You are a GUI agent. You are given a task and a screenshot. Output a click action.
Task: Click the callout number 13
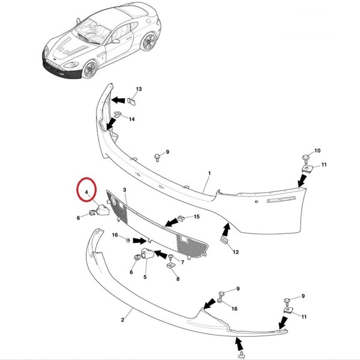point(139,89)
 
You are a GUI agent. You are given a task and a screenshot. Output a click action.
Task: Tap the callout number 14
point(131,119)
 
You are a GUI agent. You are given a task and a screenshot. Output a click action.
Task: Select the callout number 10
point(317,151)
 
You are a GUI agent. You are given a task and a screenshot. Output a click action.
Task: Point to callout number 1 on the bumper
point(209,173)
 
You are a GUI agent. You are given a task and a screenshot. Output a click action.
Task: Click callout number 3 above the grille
point(124,190)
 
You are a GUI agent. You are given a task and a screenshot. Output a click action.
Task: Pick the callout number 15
point(197,217)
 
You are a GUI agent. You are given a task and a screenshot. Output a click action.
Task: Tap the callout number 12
point(236,252)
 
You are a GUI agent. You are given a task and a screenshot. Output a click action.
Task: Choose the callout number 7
point(182,262)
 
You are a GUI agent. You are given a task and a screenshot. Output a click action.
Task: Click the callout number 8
point(178,279)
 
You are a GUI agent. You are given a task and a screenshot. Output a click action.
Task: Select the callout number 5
point(145,277)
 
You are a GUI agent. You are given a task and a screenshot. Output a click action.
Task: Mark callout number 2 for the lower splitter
point(122,320)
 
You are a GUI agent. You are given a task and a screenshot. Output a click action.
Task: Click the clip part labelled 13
point(131,101)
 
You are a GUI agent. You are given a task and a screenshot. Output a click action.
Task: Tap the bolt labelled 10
point(305,158)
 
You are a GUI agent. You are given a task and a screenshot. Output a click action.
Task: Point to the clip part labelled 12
point(224,240)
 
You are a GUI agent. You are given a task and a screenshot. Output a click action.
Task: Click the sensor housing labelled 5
point(148,254)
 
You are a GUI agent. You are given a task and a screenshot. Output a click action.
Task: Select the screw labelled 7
point(170,257)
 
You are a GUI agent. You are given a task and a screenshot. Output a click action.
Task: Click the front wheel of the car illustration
point(90,69)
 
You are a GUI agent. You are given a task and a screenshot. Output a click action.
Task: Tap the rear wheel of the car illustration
point(149,41)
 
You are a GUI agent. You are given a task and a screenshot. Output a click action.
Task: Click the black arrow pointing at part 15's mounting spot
point(171,223)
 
